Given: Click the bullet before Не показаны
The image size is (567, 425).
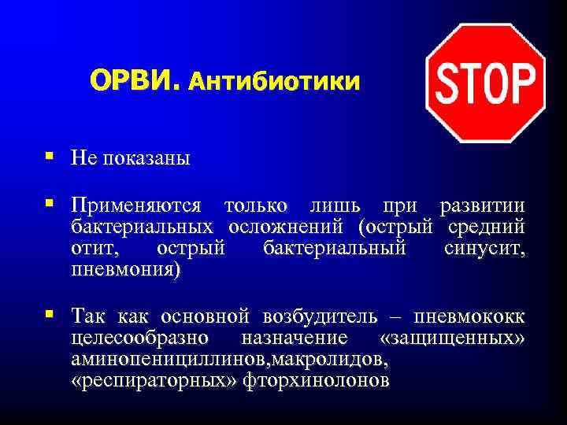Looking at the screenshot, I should (49, 157).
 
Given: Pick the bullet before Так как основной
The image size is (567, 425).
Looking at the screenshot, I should (49, 315).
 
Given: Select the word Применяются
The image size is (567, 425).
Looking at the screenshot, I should (135, 206).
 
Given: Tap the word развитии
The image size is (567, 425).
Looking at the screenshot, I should (482, 206).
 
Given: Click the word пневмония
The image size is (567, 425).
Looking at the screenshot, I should (126, 271).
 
